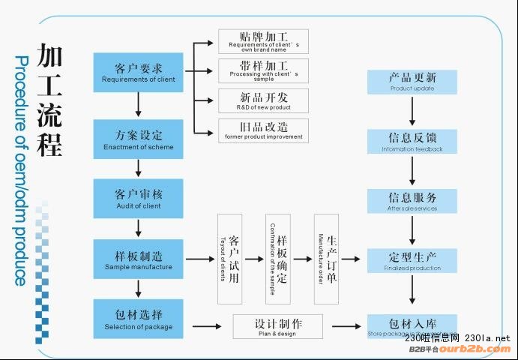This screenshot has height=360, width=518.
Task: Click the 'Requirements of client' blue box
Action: tap(138, 72)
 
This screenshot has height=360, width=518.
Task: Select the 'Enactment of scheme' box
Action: tap(138, 139)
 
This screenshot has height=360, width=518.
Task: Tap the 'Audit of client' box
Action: tap(138, 199)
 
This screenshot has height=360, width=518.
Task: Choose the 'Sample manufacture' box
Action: tap(138, 259)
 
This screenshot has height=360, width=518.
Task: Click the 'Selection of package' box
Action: tap(138, 319)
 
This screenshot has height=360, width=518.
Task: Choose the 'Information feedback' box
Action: tap(412, 142)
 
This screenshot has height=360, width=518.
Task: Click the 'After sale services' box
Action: tap(412, 201)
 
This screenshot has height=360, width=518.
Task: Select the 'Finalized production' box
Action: tap(412, 260)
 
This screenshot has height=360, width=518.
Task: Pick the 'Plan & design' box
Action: tap(277, 326)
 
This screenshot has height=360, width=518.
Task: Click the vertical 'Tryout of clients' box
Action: tap(229, 259)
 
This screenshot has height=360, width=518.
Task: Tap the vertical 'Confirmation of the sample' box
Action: tap(277, 259)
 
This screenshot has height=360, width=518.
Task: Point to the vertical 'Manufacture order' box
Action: tap(326, 259)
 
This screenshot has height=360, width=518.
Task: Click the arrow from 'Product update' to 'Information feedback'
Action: tap(412, 112)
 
